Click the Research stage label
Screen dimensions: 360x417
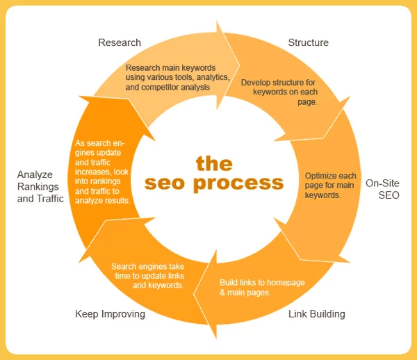[x=120, y=43]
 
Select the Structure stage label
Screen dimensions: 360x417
[x=308, y=43]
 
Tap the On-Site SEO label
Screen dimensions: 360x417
[x=382, y=190]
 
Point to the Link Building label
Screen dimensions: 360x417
[x=316, y=314]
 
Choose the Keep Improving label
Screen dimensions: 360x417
[x=110, y=314]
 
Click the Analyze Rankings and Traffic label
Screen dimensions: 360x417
[x=40, y=186]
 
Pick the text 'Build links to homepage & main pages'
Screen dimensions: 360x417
[x=262, y=287]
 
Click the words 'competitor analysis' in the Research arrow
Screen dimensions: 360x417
[x=193, y=88]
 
